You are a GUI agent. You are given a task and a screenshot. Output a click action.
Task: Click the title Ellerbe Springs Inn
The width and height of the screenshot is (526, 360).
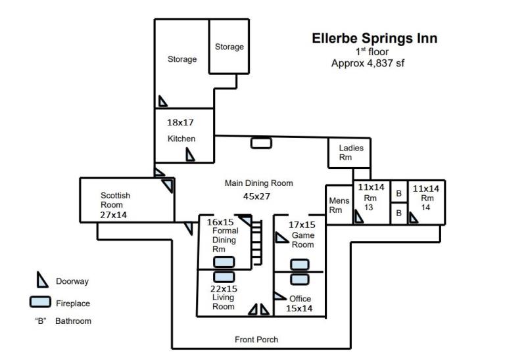point(374,39)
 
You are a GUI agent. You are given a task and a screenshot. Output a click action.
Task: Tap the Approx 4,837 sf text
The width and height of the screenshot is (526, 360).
point(368,63)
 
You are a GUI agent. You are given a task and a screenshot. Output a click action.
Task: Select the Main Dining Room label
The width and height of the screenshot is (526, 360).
point(258,183)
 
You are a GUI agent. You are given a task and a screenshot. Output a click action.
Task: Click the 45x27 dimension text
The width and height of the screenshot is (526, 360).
point(256,196)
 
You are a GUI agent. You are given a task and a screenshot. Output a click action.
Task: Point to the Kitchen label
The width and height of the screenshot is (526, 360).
point(181,139)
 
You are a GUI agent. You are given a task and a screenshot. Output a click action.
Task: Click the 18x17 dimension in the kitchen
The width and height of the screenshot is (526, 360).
point(180,122)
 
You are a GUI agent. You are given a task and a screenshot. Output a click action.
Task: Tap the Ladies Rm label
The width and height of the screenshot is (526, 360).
point(351,152)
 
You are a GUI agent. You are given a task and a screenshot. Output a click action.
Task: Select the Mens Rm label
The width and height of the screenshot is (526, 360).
point(339,205)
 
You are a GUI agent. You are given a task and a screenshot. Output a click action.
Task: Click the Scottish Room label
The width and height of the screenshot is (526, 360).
point(115,200)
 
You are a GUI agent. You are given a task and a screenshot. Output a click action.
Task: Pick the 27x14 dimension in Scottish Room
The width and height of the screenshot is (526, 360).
point(113,215)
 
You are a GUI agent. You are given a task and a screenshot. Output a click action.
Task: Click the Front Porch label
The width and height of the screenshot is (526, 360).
point(256,340)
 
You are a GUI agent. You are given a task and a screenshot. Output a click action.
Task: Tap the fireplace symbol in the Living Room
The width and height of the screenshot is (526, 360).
point(224,277)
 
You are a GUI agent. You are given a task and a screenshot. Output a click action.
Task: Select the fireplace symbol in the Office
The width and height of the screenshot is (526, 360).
point(300,279)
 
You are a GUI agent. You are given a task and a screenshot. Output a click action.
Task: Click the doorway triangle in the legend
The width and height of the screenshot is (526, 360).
point(41,280)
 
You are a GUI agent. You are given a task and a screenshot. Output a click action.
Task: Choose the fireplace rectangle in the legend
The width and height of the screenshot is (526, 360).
point(40,302)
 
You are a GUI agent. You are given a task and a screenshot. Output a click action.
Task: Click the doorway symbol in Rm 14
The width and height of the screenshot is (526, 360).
point(413,218)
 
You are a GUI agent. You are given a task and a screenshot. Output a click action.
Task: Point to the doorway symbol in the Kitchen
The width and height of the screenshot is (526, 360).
point(190,155)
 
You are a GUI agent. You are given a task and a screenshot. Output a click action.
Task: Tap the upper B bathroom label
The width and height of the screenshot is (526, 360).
point(399,193)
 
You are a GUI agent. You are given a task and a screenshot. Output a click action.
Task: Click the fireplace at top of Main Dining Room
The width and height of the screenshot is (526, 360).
point(261,143)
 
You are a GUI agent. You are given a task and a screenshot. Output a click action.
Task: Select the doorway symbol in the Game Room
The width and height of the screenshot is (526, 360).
point(281,238)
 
